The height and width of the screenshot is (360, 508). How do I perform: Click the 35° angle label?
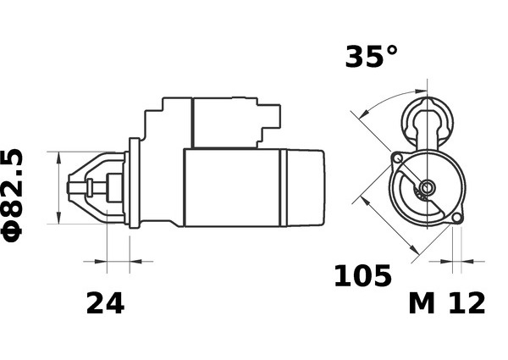pos(371,57)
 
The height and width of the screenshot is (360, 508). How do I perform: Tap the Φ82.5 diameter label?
pos(13,196)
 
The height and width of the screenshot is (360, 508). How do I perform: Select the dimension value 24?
pos(105,303)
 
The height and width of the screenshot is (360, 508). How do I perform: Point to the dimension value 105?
pos(362,276)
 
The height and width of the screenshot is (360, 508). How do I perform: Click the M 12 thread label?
pos(447,303)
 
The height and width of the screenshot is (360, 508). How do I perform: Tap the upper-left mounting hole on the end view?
pos(397,158)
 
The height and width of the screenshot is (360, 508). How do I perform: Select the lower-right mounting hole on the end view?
pos(457,218)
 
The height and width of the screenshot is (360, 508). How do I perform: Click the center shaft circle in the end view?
pos(427,187)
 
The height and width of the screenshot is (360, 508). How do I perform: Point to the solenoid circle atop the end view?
pos(427,121)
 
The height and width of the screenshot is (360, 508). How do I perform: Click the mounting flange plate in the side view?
pos(134,183)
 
